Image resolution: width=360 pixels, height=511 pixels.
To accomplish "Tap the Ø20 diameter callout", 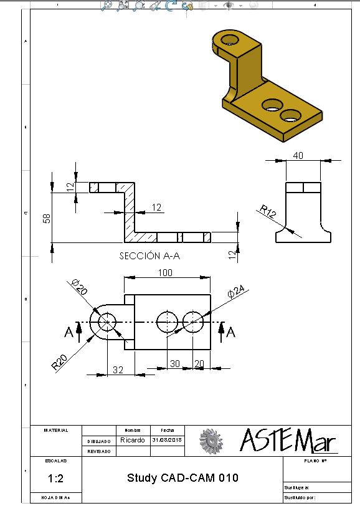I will coord(78,287).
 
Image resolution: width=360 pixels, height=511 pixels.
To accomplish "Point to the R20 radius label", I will coord(60,363).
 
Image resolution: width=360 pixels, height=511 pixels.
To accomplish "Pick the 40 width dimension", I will coord(298,156).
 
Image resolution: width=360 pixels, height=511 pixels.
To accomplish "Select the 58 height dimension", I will coord(46,220).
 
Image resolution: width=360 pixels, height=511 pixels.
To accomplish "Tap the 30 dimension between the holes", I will coord(175,363).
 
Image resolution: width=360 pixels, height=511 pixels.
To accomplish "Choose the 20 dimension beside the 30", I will coord(199,363).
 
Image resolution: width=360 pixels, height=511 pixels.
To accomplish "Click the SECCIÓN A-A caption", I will coord(149,255).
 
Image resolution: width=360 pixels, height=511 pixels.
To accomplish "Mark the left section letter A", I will coord(69,333).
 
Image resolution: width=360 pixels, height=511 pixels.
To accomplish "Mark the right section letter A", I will coord(231,333).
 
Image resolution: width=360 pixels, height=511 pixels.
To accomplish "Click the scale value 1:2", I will coord(54,479).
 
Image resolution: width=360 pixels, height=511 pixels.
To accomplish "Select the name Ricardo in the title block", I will coord(132,440).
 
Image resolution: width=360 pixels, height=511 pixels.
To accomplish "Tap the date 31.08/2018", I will coord(167,440).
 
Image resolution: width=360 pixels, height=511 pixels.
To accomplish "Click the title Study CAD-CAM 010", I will coord(182,478).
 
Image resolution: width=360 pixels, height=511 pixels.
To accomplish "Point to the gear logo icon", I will coord(211,441).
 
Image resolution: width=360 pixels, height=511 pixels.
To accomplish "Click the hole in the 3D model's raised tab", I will coord(230,41).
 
